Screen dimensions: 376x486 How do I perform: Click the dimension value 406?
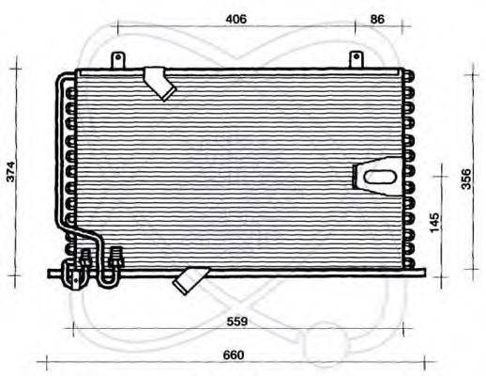coord(235,19)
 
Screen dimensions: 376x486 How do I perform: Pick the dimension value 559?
coord(237,321)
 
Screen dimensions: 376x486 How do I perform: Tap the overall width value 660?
coord(235,354)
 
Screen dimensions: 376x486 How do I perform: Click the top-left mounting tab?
coord(118,59)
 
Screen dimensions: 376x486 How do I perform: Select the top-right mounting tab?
coord(357,59)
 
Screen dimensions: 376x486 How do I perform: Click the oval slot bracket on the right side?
coord(376,176)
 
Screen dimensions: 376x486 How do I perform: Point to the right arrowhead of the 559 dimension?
coord(408,327)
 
